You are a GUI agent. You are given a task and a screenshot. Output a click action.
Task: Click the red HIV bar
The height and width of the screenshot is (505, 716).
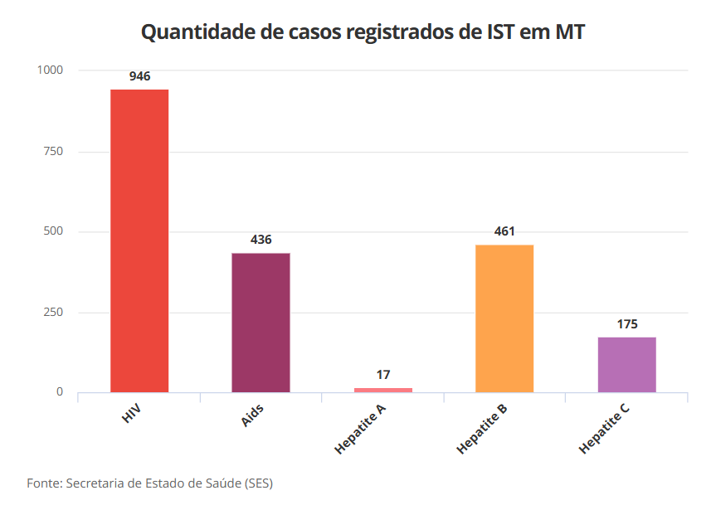point(139,240)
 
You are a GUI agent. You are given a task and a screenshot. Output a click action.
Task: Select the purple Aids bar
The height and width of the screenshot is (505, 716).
point(261,322)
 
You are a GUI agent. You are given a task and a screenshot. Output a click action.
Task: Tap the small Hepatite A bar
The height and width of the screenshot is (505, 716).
point(382,389)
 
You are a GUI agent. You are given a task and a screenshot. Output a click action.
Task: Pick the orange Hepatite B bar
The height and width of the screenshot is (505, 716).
point(504,318)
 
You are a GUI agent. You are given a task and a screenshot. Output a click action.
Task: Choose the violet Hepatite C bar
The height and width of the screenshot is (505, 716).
point(626,364)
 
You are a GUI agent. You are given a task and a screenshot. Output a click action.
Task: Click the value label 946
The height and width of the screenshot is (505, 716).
point(139,76)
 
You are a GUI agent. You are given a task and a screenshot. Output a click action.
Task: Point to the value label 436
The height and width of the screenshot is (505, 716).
point(261,240)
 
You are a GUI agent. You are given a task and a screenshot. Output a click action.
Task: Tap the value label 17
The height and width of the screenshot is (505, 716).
point(382,375)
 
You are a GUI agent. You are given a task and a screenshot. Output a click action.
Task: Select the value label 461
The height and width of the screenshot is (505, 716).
point(504,231)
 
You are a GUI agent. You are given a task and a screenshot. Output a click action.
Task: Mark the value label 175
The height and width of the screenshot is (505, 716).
point(627,324)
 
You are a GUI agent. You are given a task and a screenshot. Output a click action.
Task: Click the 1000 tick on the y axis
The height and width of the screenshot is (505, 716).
point(50,70)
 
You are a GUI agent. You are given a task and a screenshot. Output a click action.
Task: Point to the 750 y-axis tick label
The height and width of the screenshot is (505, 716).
point(53,151)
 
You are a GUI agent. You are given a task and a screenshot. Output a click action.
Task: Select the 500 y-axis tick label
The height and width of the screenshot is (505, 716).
point(53,231)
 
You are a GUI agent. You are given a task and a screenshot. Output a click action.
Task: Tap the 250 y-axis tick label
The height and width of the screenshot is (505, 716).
point(53,312)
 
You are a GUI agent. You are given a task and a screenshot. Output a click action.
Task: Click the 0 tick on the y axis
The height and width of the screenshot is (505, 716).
point(60,392)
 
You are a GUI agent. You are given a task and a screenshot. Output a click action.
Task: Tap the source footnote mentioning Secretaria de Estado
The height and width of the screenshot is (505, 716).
point(149,483)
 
